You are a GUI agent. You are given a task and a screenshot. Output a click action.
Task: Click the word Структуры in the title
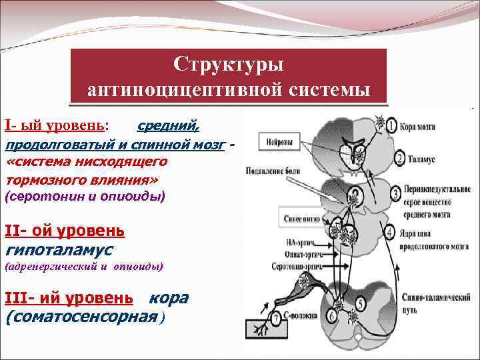point(229,65)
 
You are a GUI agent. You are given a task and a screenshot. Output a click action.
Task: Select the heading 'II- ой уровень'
point(64,231)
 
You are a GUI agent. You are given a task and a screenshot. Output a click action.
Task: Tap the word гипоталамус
point(59,250)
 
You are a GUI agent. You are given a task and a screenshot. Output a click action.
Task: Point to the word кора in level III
point(169,297)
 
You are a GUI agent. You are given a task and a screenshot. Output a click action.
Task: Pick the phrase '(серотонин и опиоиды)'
point(85,197)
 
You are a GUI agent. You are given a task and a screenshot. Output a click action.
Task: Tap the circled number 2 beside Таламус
point(398,159)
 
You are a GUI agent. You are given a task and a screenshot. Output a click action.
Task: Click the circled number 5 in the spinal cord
point(360,303)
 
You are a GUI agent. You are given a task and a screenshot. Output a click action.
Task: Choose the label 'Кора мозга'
point(423,127)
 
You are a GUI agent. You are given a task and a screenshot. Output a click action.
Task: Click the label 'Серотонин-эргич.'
point(285,267)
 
